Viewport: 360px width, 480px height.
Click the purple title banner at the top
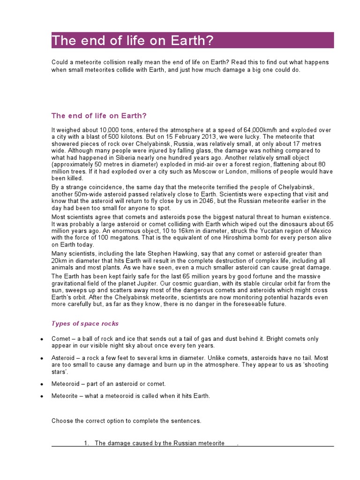point(193,40)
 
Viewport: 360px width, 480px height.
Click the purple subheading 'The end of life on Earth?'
point(102,116)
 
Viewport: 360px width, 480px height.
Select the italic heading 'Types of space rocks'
point(85,323)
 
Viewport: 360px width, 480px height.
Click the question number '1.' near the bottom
point(87,443)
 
